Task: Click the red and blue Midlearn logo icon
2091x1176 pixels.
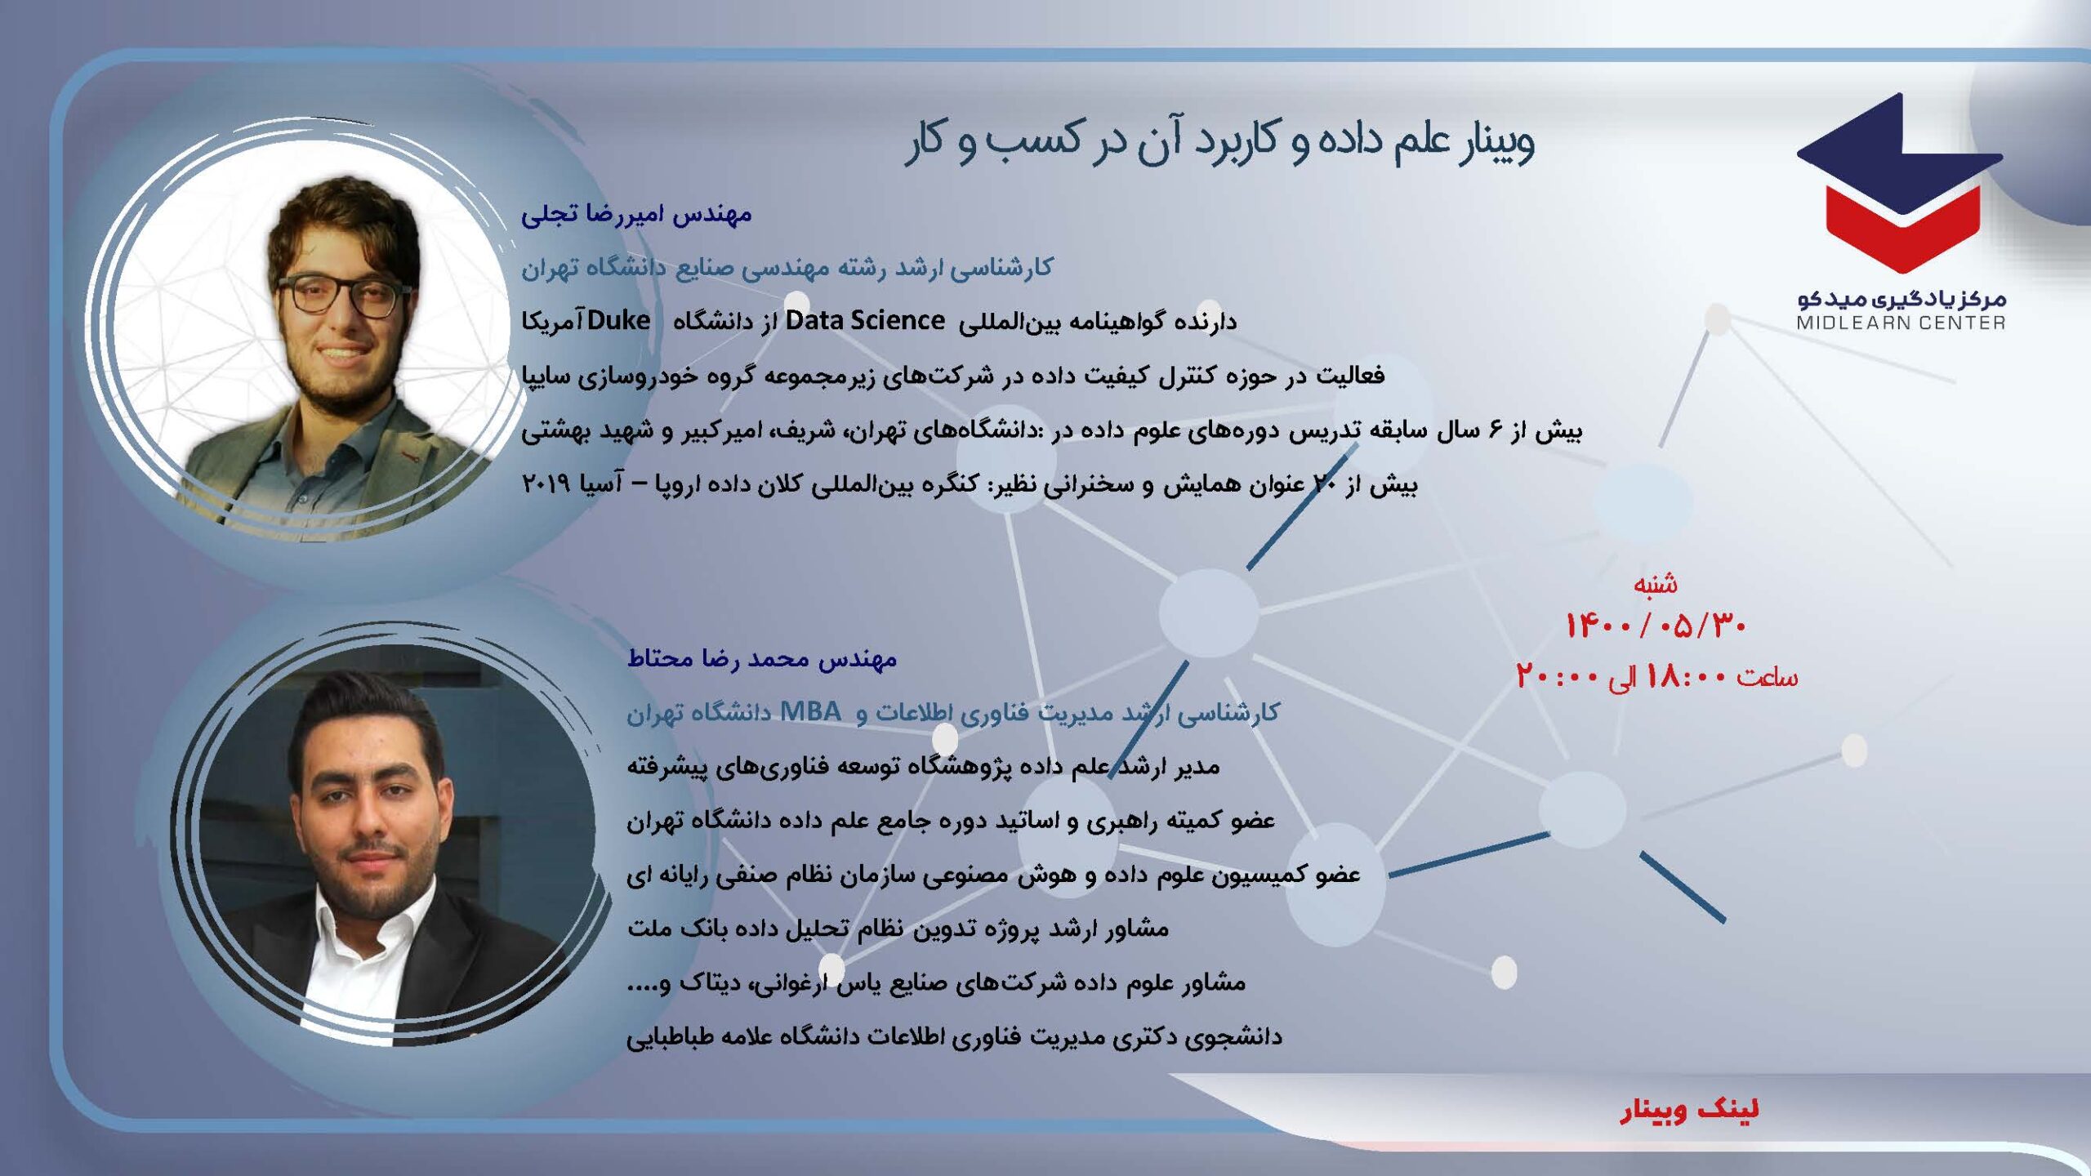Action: point(1900,184)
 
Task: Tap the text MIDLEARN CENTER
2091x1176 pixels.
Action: point(1901,323)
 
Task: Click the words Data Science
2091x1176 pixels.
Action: point(865,321)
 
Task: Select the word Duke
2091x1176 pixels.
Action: point(618,321)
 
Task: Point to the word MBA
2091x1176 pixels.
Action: point(810,711)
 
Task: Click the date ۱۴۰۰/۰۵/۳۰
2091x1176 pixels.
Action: point(1655,626)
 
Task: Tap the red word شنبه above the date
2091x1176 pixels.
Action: point(1655,583)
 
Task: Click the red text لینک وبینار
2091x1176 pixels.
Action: point(1689,1109)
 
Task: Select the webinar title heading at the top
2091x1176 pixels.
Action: point(1219,140)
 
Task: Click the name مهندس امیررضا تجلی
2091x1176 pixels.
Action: point(636,215)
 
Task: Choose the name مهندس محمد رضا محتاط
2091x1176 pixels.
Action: point(761,658)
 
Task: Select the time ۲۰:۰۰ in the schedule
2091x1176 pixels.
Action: point(1557,677)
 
